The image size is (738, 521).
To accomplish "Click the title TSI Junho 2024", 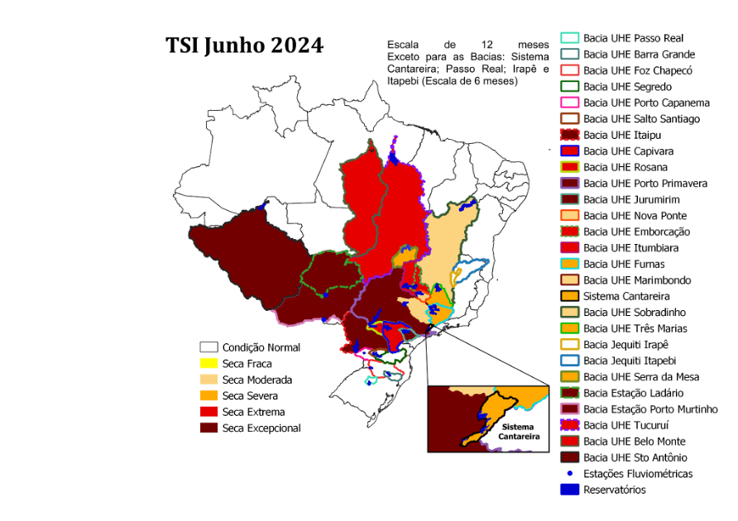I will point(244,45).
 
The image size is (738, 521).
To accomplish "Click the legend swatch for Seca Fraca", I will point(208,364).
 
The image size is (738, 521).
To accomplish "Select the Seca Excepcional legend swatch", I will point(208,428).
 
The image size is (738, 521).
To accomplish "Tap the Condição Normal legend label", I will point(261,348).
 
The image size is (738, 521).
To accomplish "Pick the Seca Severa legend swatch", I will point(208,396).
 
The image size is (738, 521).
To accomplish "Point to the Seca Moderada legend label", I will point(256,380).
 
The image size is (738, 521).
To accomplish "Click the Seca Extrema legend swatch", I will point(208,412).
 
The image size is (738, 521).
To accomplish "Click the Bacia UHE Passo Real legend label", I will point(633,38).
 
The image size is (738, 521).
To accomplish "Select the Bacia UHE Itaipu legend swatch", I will point(569,135).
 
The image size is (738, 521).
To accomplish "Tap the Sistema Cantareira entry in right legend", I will point(626,296).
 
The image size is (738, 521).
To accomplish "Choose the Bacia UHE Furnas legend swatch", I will point(569,264).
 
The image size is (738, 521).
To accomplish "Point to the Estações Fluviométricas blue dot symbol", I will point(569,474).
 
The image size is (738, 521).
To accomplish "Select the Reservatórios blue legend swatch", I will point(569,490).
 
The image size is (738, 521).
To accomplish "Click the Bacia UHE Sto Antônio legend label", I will point(635,457).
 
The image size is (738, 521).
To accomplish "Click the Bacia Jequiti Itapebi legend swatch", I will point(569,361).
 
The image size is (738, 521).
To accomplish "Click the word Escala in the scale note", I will point(403,44).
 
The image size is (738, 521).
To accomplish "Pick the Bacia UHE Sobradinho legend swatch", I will point(569,313).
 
